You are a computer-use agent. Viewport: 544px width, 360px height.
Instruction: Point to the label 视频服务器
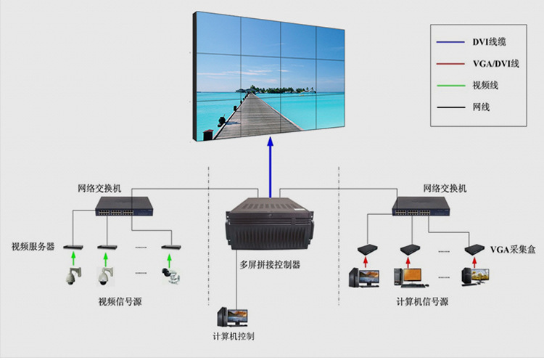tap(33, 247)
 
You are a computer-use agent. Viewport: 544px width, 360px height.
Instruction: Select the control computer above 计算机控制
tap(232, 317)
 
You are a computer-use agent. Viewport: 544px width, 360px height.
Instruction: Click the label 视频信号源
tap(120, 300)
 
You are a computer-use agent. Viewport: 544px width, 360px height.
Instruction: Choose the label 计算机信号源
tap(422, 300)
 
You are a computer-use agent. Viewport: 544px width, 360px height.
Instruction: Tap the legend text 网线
tap(481, 107)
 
